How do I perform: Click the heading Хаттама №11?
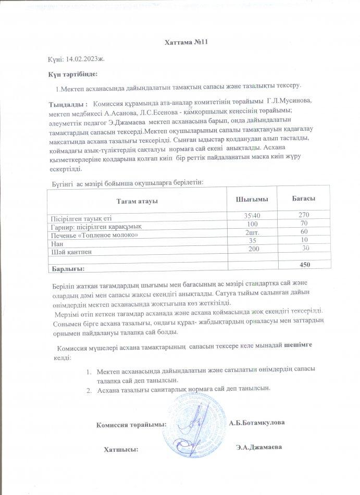coord(179,41)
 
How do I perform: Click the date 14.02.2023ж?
coord(87,60)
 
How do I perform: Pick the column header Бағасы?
coord(305,199)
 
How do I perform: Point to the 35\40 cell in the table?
coord(254,216)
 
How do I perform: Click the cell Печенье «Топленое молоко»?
coord(94,234)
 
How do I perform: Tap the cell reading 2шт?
coord(253,232)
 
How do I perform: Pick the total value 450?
coord(305,265)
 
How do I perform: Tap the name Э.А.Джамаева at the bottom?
coord(259,447)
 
